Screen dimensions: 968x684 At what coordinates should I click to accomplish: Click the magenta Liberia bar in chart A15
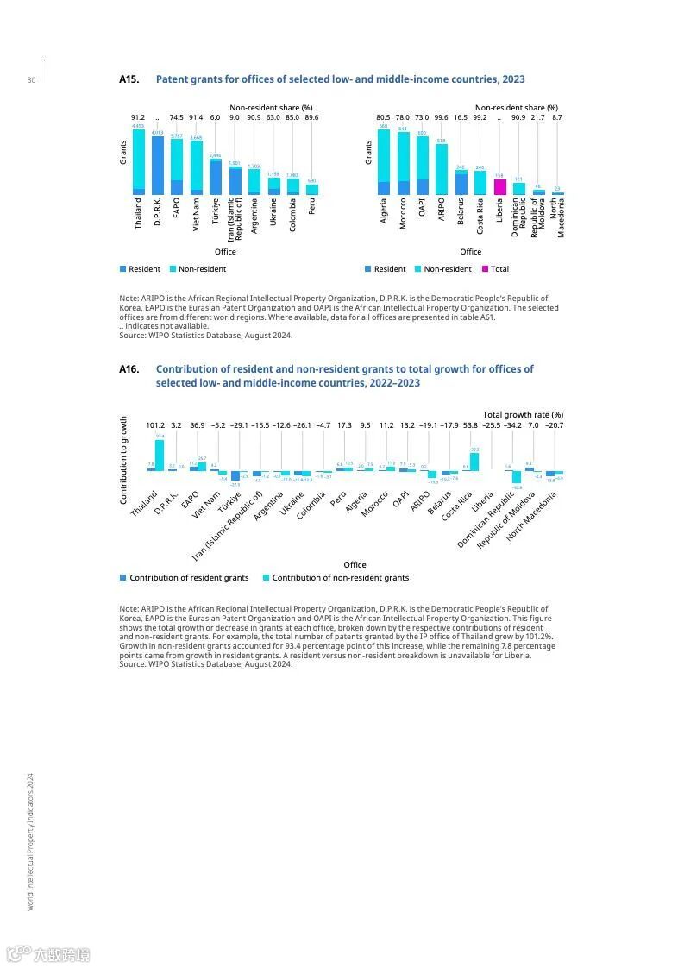coord(499,187)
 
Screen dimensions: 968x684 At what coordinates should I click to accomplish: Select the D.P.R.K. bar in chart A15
coord(157,166)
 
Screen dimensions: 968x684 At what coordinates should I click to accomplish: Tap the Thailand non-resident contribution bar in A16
coord(160,455)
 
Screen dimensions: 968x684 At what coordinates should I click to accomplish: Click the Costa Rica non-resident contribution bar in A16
coord(474,462)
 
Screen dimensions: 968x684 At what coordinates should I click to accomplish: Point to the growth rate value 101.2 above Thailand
coord(155,425)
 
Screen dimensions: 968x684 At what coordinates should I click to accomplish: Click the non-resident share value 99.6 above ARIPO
coord(442,117)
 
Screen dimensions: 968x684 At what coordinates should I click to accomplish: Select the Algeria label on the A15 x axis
coord(384,212)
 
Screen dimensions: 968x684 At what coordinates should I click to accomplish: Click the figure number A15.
coord(129,79)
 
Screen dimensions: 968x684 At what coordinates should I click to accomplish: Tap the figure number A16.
coord(129,369)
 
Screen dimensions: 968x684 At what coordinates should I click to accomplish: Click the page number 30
coord(31,80)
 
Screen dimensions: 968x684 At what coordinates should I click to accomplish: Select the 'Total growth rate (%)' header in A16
coord(523,415)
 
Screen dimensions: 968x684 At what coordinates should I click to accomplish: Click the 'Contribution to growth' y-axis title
coord(124,460)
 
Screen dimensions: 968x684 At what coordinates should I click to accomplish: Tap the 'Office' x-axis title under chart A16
coord(355,565)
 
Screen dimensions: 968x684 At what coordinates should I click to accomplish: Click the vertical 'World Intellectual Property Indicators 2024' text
coord(30,841)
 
